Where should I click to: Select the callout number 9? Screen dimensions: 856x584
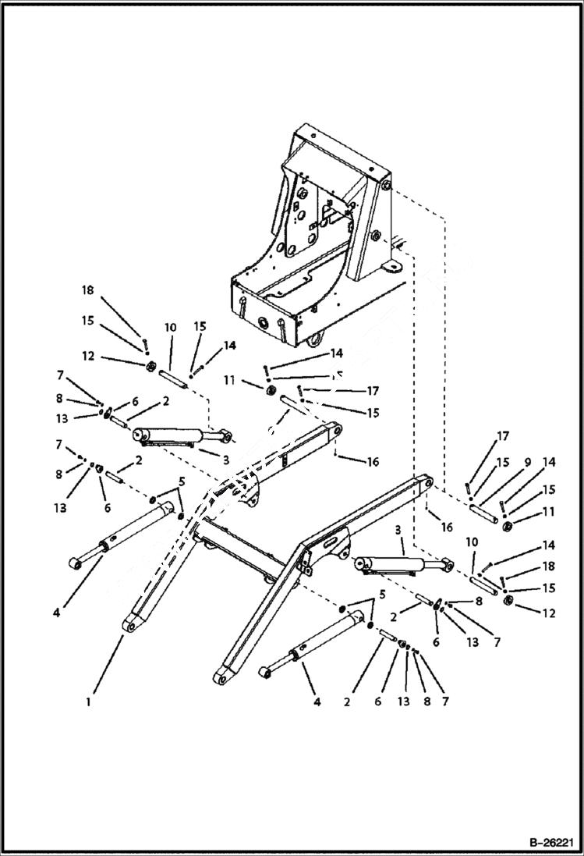(527, 462)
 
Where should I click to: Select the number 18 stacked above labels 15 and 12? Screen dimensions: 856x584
(87, 290)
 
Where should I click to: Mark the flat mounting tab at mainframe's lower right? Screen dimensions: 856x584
(389, 268)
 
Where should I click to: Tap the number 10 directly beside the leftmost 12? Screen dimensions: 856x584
(171, 327)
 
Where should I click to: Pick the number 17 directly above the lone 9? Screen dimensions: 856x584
(502, 436)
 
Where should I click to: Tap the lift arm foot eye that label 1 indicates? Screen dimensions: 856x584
(129, 625)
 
